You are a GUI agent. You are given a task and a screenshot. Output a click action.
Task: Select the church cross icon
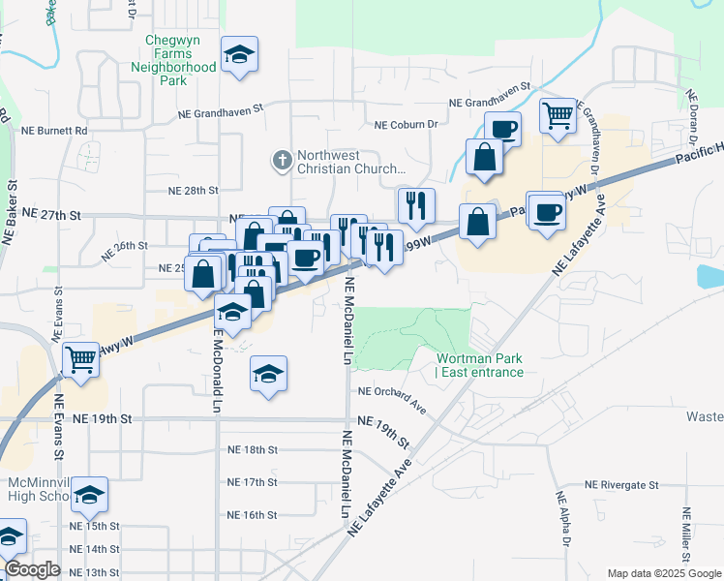pyautogui.click(x=282, y=159)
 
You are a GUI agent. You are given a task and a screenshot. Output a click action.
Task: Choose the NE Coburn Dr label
pyautogui.click(x=407, y=124)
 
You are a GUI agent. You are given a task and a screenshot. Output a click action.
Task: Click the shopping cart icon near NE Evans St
pyautogui.click(x=81, y=359)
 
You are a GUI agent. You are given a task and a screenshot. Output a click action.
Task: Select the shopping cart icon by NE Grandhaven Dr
pyautogui.click(x=558, y=116)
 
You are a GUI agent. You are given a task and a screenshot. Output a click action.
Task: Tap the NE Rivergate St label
pyautogui.click(x=621, y=485)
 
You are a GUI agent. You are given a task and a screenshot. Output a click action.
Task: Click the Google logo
pyautogui.click(x=32, y=569)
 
